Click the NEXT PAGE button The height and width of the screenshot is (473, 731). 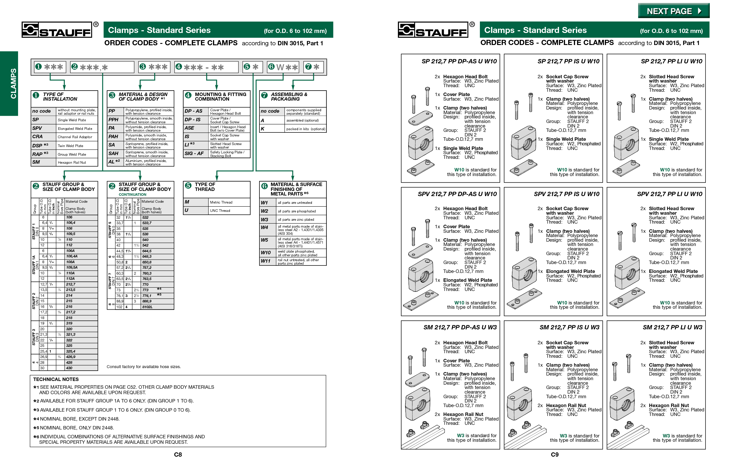tap(673, 11)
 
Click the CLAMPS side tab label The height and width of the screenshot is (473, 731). tap(13, 83)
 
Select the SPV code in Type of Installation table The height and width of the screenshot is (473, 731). tap(37, 128)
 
